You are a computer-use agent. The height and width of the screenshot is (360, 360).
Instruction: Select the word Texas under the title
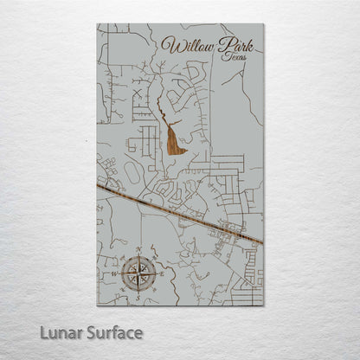click(233, 56)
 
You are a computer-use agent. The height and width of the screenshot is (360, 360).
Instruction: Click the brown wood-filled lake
click(176, 139)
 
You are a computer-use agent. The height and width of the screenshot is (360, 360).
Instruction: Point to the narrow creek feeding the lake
click(160, 108)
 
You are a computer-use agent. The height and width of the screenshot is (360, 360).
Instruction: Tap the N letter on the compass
click(138, 255)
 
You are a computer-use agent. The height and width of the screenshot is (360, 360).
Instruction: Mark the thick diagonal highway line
click(182, 212)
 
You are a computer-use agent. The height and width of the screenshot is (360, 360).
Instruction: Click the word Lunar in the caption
click(63, 331)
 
